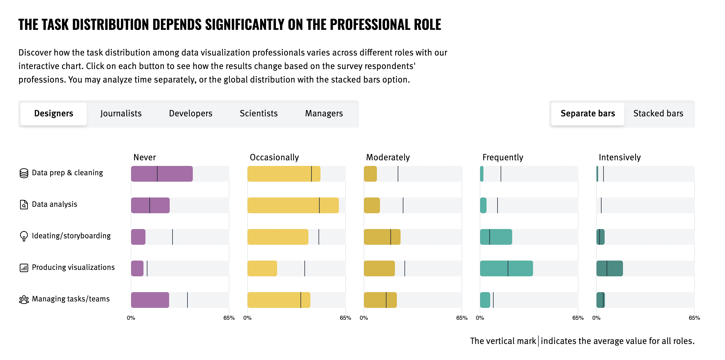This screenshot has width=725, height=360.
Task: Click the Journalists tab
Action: (x=121, y=114)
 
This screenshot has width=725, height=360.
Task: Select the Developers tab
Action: (x=191, y=114)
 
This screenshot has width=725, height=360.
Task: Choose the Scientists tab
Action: (x=258, y=114)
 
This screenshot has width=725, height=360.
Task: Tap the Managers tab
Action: (x=324, y=114)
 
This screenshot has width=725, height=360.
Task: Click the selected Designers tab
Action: (x=54, y=114)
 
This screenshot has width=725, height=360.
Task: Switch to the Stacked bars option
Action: (x=658, y=114)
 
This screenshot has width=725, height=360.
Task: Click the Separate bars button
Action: (x=587, y=114)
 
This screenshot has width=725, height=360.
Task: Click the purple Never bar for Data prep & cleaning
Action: (x=162, y=174)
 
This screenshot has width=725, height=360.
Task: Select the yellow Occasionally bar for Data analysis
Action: (x=293, y=205)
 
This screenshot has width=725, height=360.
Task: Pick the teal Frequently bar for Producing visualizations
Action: (x=506, y=268)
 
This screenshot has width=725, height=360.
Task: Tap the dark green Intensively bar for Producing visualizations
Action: (x=609, y=268)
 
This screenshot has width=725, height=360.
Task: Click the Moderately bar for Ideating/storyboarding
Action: (x=382, y=237)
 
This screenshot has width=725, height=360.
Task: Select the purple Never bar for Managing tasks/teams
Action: (x=150, y=300)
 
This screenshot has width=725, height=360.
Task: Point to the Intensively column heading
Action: (x=620, y=157)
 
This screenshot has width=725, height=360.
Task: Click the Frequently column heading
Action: (x=503, y=157)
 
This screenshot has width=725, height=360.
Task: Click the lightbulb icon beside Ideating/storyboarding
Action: (x=24, y=236)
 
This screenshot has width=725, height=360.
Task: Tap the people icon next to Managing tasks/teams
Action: (x=24, y=299)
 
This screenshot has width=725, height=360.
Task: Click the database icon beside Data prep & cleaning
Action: (x=24, y=173)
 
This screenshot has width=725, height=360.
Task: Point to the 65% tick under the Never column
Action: (x=229, y=318)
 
